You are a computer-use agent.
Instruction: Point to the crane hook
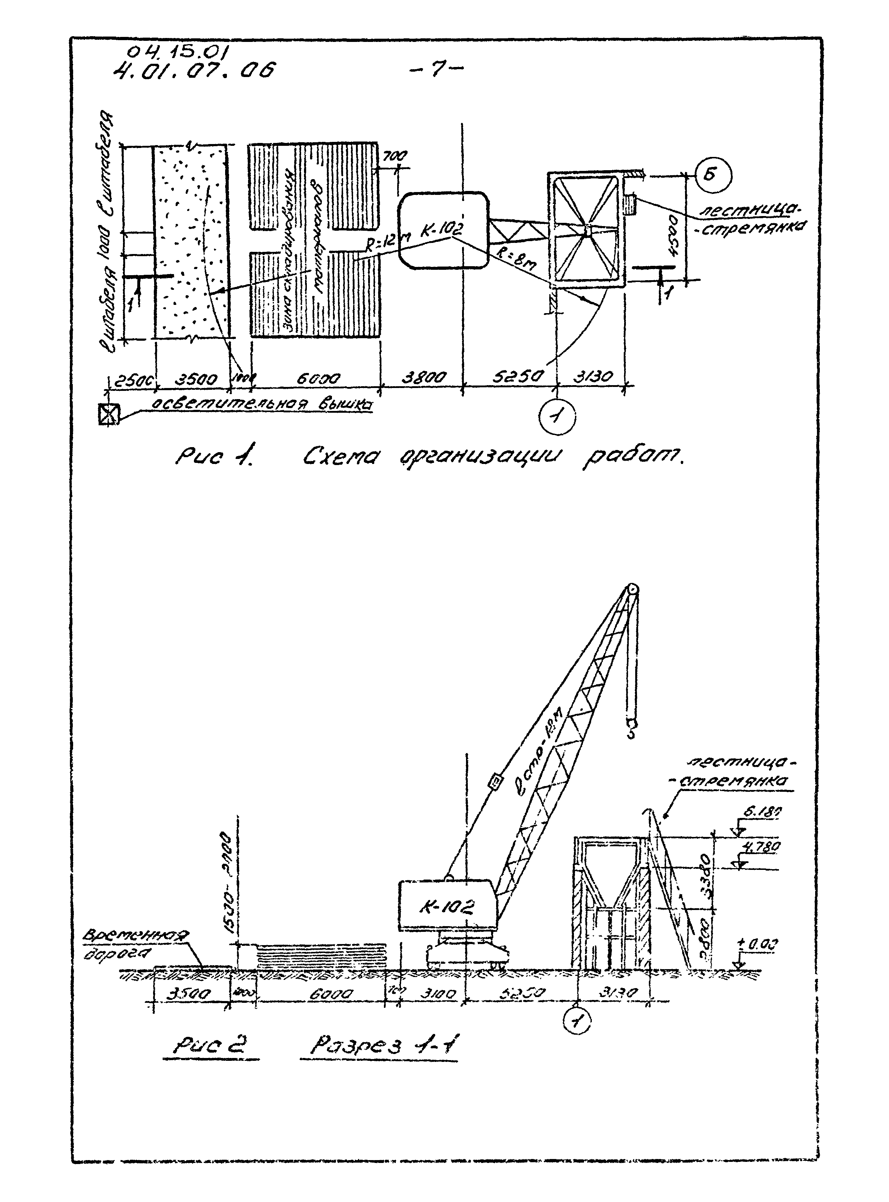click(631, 729)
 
